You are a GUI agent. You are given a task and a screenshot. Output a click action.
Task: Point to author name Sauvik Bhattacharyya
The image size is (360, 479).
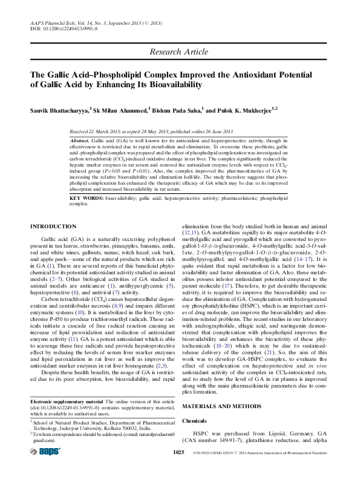[59, 111]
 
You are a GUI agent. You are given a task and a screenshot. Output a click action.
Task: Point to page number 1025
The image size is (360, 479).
[178, 469]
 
